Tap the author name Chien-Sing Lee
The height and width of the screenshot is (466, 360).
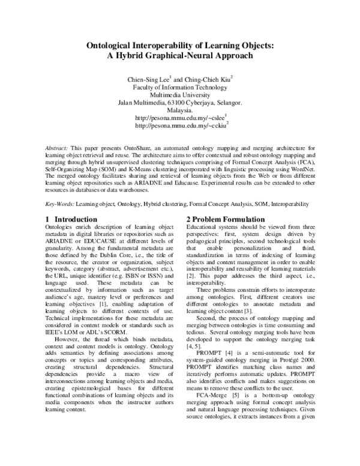click(146, 79)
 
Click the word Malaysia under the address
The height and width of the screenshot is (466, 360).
click(180, 110)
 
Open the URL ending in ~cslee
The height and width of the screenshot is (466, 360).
click(179, 119)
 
